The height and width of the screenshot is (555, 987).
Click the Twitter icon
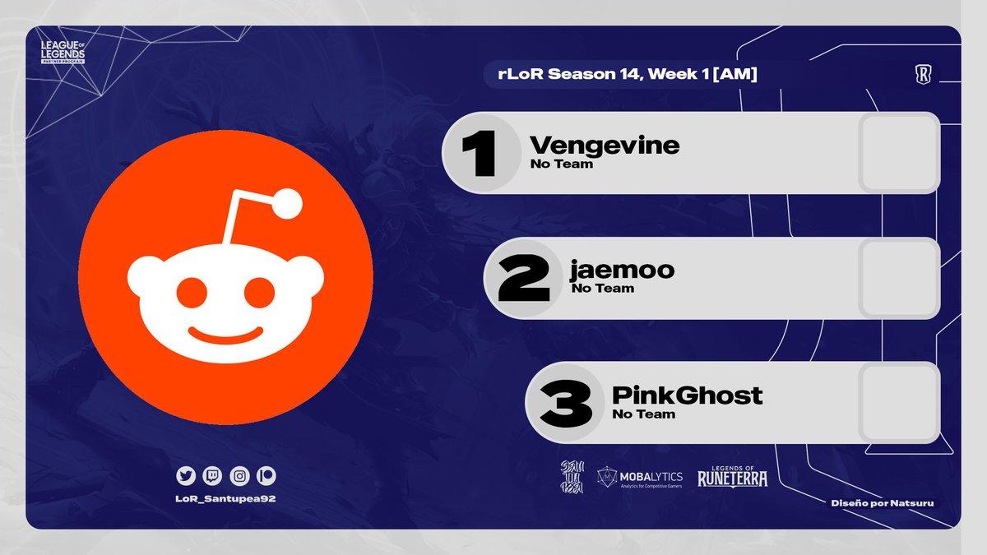[186, 475]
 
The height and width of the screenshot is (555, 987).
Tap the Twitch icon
[212, 475]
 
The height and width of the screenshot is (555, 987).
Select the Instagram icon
[239, 475]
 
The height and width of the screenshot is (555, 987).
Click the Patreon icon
[266, 475]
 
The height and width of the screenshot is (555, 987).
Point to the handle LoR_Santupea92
[225, 500]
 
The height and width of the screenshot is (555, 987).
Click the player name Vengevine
[605, 146]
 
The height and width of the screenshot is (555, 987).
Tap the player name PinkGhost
[687, 395]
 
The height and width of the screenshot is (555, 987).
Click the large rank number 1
[480, 154]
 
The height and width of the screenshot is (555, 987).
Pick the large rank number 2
[523, 278]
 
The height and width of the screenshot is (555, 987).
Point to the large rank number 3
[566, 403]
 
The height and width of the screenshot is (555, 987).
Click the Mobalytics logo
[640, 476]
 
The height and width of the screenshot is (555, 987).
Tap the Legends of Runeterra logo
[732, 475]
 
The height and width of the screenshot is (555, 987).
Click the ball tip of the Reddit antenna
[288, 204]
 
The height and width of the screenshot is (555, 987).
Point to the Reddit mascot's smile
[225, 337]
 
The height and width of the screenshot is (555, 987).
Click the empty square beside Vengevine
[899, 153]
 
